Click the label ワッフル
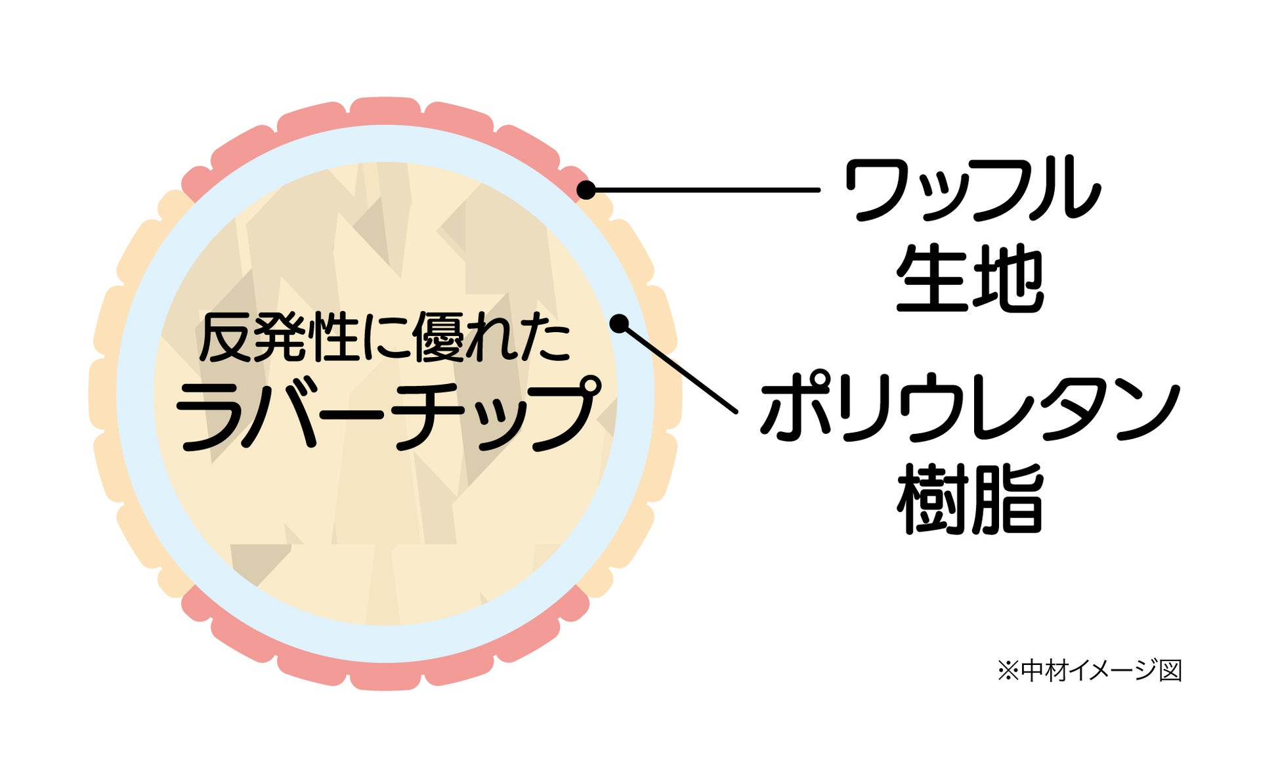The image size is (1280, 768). [x=971, y=189]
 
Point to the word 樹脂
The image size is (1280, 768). [x=970, y=499]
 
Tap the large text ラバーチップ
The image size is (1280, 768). [x=387, y=414]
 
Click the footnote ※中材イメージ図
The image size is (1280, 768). [x=1090, y=670]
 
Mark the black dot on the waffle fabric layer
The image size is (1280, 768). [x=586, y=190]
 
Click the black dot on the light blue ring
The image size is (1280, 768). [x=619, y=324]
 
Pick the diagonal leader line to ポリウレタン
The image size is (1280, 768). [x=679, y=368]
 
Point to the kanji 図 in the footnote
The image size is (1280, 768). [x=1170, y=670]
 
